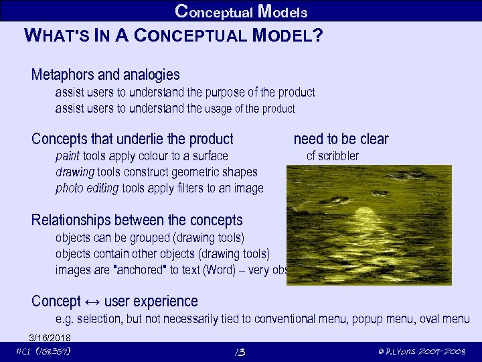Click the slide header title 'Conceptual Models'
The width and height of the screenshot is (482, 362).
241,11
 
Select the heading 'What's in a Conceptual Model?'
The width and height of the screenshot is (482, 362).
173,36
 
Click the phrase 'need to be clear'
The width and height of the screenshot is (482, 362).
341,139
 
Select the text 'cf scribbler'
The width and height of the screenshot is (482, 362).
332,156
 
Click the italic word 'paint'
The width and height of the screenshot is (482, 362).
68,156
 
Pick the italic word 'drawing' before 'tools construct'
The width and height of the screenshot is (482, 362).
75,172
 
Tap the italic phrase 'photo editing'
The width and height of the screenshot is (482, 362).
87,188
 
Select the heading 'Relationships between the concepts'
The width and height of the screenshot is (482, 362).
137,220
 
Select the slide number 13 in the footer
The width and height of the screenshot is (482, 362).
240,352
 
